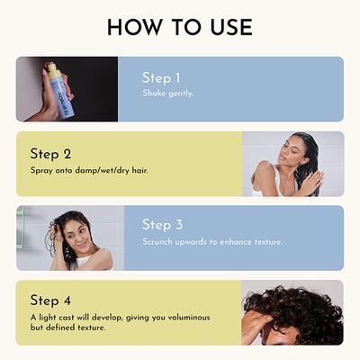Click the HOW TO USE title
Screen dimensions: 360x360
tap(179, 27)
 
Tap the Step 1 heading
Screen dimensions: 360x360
tap(162, 77)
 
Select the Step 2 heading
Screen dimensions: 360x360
tap(50, 153)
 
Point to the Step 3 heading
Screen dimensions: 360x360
tap(162, 225)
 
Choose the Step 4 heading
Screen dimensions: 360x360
tap(50, 300)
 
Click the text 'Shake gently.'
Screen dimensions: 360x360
tap(167, 94)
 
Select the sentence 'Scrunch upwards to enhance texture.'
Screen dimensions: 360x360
tap(212, 241)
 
